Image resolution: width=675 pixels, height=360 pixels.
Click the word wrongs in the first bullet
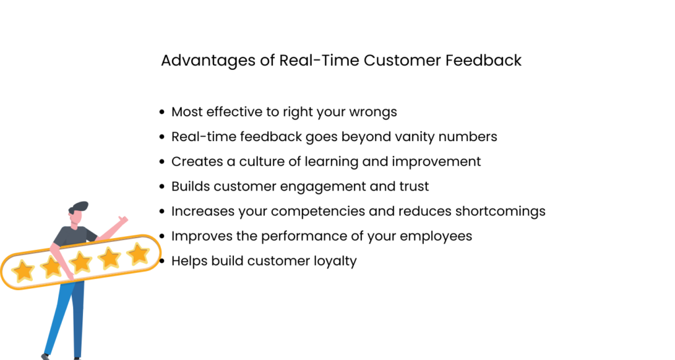coord(374,111)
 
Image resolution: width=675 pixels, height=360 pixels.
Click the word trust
coord(413,187)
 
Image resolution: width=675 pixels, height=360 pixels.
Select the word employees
coord(440,236)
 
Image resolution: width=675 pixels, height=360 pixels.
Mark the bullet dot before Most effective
coord(163,113)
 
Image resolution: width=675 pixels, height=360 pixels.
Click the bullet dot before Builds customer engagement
coord(163,187)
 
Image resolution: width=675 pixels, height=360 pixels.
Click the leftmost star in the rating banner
coord(23,270)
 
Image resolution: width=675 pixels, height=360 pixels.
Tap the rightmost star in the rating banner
coord(138,254)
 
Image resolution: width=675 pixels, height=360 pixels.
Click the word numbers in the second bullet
coord(473,136)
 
